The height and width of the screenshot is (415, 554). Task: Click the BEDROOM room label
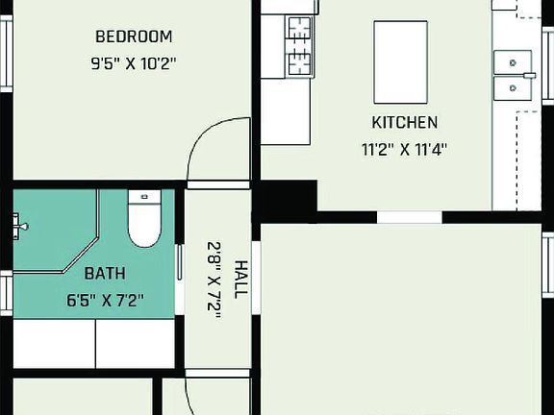pos(134,37)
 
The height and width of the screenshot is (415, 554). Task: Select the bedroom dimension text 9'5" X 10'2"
pos(134,65)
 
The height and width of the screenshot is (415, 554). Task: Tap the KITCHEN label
pos(405,122)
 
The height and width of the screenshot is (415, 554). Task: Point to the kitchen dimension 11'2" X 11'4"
pos(405,149)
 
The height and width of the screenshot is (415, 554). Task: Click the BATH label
pos(104,273)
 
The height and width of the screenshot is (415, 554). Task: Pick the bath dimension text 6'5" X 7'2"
pos(105,300)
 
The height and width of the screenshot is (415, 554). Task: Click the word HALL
pos(240,279)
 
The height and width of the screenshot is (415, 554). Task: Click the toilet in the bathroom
pos(144,227)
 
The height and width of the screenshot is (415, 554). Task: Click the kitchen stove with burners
pos(300,45)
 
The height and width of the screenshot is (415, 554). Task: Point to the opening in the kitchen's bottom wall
pos(409,217)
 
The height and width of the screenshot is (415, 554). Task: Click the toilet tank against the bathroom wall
pos(144,197)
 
